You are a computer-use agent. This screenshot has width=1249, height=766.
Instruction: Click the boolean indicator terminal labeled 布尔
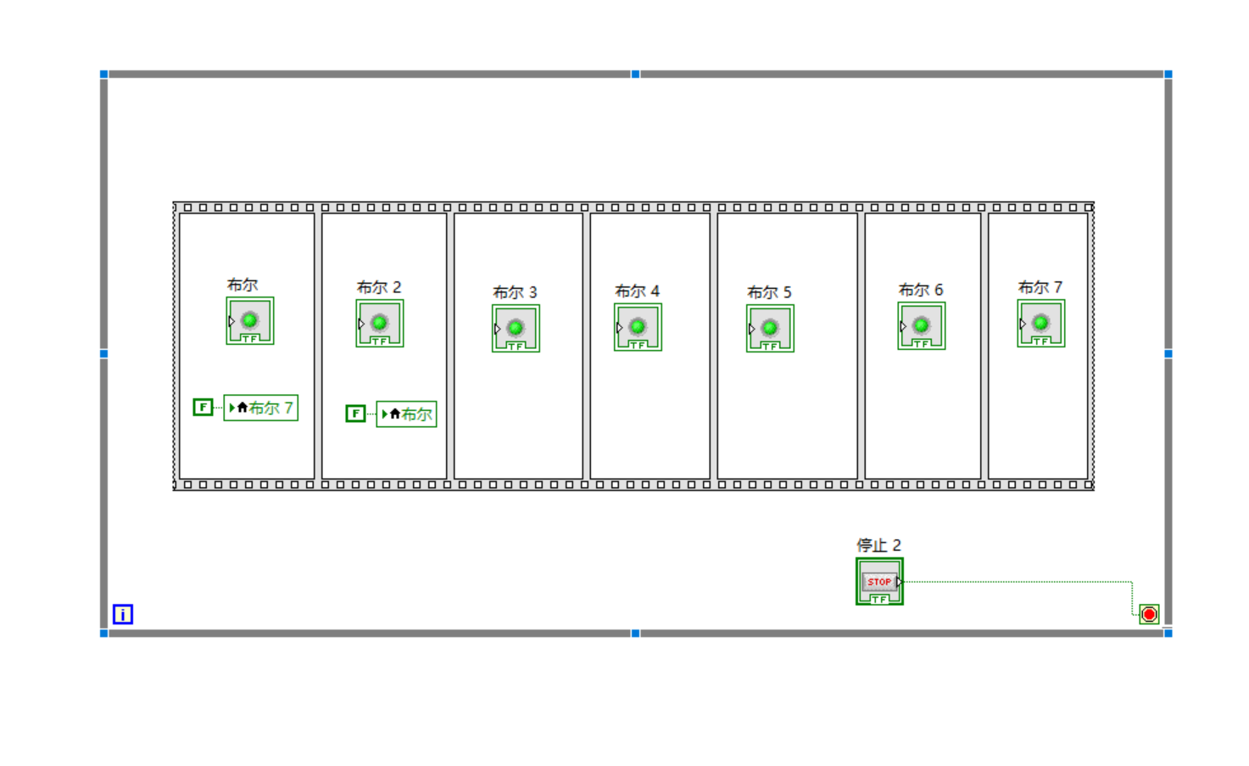(x=250, y=320)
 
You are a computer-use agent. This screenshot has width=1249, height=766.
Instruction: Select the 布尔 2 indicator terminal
(x=380, y=323)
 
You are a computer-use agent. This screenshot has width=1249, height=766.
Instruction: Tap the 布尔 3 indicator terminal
(x=516, y=328)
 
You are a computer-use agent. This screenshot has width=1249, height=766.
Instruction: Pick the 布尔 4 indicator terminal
(x=638, y=327)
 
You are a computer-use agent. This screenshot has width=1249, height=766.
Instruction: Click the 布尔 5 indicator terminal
(x=770, y=328)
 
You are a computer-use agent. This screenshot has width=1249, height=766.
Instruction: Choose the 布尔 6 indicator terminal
(x=922, y=325)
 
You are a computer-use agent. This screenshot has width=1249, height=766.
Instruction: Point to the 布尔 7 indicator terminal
(x=1041, y=323)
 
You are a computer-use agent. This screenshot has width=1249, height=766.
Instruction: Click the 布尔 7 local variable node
(x=261, y=408)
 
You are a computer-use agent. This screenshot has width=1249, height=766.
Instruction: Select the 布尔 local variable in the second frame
(x=406, y=414)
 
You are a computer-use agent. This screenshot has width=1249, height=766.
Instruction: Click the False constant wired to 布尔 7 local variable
(x=203, y=408)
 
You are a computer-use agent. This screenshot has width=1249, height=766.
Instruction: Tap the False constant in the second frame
(x=355, y=414)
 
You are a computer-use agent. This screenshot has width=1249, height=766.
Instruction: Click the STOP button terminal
(x=879, y=581)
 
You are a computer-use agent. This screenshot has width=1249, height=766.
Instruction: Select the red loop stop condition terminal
(x=1149, y=614)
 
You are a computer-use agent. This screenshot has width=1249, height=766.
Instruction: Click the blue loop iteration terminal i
(x=123, y=614)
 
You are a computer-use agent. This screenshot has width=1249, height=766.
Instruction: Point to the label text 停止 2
(x=878, y=545)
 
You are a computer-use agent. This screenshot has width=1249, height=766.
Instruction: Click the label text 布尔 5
(x=769, y=292)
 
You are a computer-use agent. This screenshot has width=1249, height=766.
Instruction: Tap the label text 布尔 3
(x=515, y=292)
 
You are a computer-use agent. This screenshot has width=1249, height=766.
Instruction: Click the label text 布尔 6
(x=921, y=290)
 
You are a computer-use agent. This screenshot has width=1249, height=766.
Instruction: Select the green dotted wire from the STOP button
(x=1018, y=582)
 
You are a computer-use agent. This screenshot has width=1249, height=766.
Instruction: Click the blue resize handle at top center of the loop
(x=635, y=75)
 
